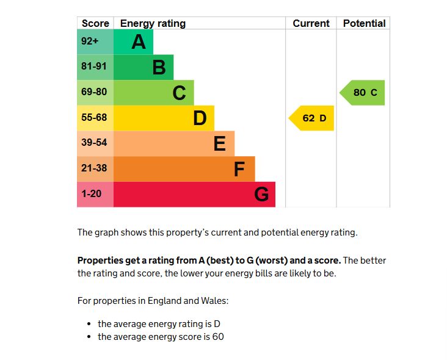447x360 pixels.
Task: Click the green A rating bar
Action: [x=134, y=41]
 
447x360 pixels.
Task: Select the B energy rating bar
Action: [x=144, y=67]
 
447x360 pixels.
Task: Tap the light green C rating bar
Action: [x=154, y=93]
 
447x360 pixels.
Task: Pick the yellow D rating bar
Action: [x=164, y=118]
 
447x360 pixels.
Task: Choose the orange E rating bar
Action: [x=174, y=143]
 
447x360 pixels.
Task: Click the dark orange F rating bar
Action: [x=184, y=169]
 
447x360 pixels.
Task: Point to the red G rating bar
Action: [x=194, y=195]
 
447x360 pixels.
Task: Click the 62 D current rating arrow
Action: [x=313, y=118]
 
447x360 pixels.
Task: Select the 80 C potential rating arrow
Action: [x=363, y=93]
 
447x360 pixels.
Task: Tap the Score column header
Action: [x=95, y=23]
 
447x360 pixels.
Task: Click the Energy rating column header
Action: [x=153, y=23]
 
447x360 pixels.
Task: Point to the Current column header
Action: [x=311, y=23]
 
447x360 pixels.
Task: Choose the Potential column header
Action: [x=364, y=23]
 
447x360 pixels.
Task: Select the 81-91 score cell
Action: [x=95, y=67]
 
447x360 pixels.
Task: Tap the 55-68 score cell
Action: [x=95, y=118]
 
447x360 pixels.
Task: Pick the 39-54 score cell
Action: [x=95, y=143]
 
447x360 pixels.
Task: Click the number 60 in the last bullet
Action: [x=218, y=337]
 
